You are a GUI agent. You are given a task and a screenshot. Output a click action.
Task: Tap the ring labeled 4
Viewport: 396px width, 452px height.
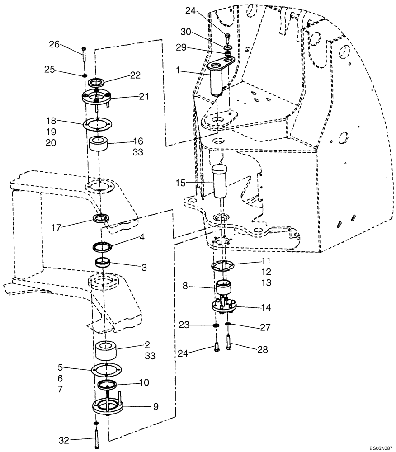(104, 247)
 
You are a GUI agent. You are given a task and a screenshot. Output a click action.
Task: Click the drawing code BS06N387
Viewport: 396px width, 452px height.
(379, 447)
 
